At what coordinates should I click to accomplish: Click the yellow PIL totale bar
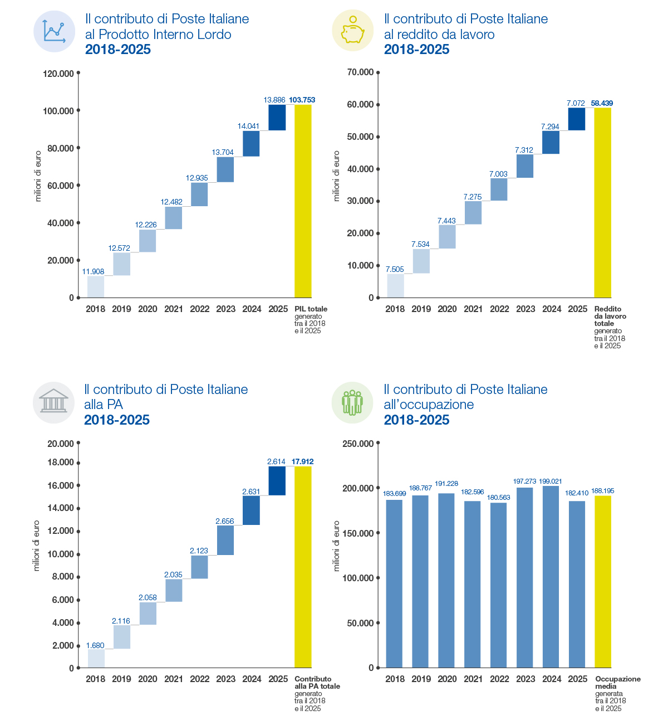[x=303, y=201]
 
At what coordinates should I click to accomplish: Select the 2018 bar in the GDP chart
[x=96, y=287]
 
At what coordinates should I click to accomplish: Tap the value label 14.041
[x=248, y=126]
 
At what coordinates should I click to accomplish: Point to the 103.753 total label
[x=302, y=100]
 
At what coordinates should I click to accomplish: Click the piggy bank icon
[x=352, y=31]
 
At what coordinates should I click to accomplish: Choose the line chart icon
[x=54, y=31]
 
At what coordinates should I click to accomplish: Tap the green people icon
[x=352, y=402]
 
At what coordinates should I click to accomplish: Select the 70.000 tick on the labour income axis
[x=378, y=72]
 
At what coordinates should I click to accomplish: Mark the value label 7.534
[x=420, y=244]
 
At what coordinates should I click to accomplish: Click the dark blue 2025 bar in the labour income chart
[x=576, y=119]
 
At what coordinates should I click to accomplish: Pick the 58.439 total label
[x=602, y=103]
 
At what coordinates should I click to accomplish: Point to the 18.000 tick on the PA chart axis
[x=78, y=463]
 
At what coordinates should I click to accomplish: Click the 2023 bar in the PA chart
[x=225, y=540]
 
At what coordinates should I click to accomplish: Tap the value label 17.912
[x=302, y=461]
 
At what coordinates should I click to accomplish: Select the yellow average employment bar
[x=603, y=581]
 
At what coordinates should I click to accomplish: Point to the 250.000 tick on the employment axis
[x=378, y=442]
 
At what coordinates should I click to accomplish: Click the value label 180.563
[x=498, y=498]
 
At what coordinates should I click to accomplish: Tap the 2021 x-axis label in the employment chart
[x=473, y=679]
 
